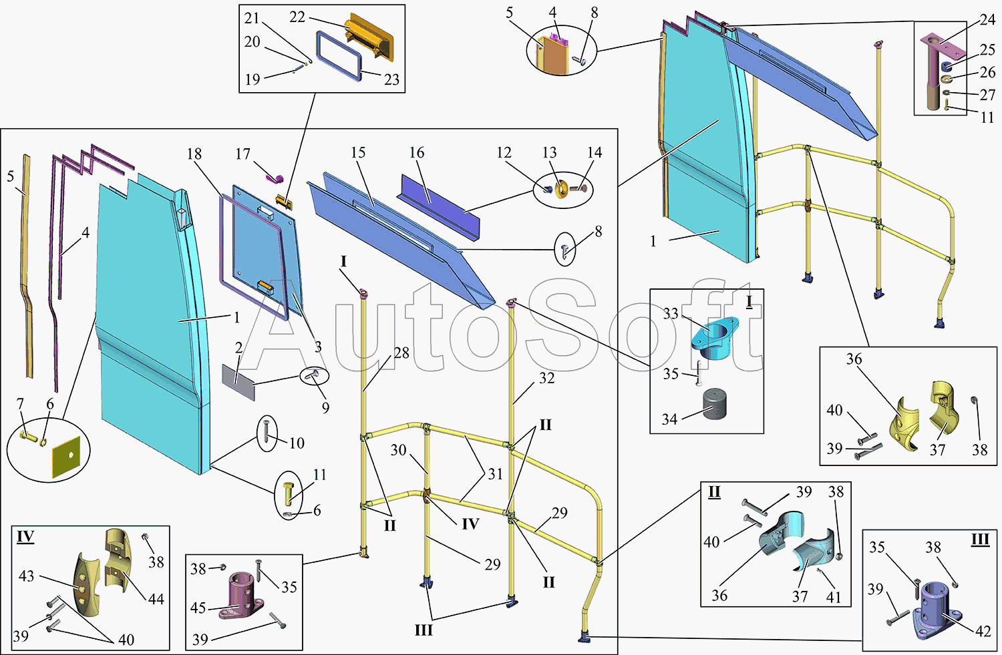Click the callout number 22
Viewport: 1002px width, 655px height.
297,17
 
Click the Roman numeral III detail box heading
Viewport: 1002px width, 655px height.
980,539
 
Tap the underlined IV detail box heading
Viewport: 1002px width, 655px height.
25,537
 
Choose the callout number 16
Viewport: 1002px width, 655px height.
417,153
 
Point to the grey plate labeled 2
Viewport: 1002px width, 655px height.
238,383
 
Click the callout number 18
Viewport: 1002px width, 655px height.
194,154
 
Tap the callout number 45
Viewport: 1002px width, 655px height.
198,608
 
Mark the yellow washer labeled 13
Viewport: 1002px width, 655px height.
561,190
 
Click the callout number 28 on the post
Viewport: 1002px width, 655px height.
401,353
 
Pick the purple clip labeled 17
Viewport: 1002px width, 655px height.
276,176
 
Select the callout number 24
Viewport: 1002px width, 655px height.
988,20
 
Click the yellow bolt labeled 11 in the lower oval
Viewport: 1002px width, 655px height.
289,493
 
